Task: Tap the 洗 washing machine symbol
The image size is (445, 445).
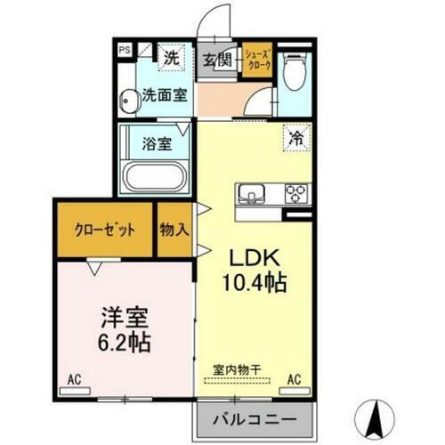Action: [x=172, y=58]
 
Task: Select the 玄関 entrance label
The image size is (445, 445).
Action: [x=216, y=60]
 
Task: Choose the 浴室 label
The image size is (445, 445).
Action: [x=158, y=142]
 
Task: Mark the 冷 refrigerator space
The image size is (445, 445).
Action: [x=295, y=138]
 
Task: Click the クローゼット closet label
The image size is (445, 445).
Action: [x=105, y=229]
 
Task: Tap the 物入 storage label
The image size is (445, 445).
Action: [x=174, y=229]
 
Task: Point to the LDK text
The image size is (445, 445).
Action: [x=258, y=258]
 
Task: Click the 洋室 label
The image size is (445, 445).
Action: [x=124, y=316]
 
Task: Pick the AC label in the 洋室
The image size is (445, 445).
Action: [x=75, y=380]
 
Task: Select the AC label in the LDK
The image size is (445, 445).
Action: [x=294, y=380]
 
